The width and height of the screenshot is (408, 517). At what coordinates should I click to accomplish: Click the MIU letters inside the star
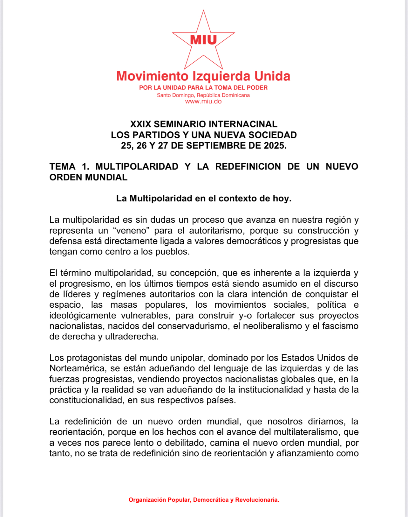tap(203, 40)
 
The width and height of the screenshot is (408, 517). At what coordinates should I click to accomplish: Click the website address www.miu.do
tap(203, 101)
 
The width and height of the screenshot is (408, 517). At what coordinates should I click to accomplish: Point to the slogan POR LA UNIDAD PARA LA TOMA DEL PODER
tap(203, 87)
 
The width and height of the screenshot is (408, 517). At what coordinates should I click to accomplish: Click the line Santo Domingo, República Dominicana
tap(203, 95)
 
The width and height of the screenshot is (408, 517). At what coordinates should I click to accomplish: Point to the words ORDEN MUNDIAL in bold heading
tap(88, 177)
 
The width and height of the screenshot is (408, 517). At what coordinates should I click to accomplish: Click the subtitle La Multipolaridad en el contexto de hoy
tap(204, 199)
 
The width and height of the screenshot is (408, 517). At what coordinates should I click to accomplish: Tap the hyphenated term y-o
tap(245, 316)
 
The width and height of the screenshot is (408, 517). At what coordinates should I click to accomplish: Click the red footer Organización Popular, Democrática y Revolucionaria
tap(204, 500)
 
